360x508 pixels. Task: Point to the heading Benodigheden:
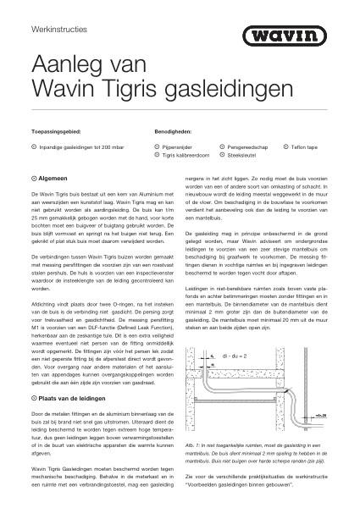pyautogui.click(x=174, y=132)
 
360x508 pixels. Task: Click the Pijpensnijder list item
pyautogui.click(x=176, y=147)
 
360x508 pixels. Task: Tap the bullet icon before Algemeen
pyautogui.click(x=32, y=179)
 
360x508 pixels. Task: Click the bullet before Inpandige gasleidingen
pyautogui.click(x=32, y=147)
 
